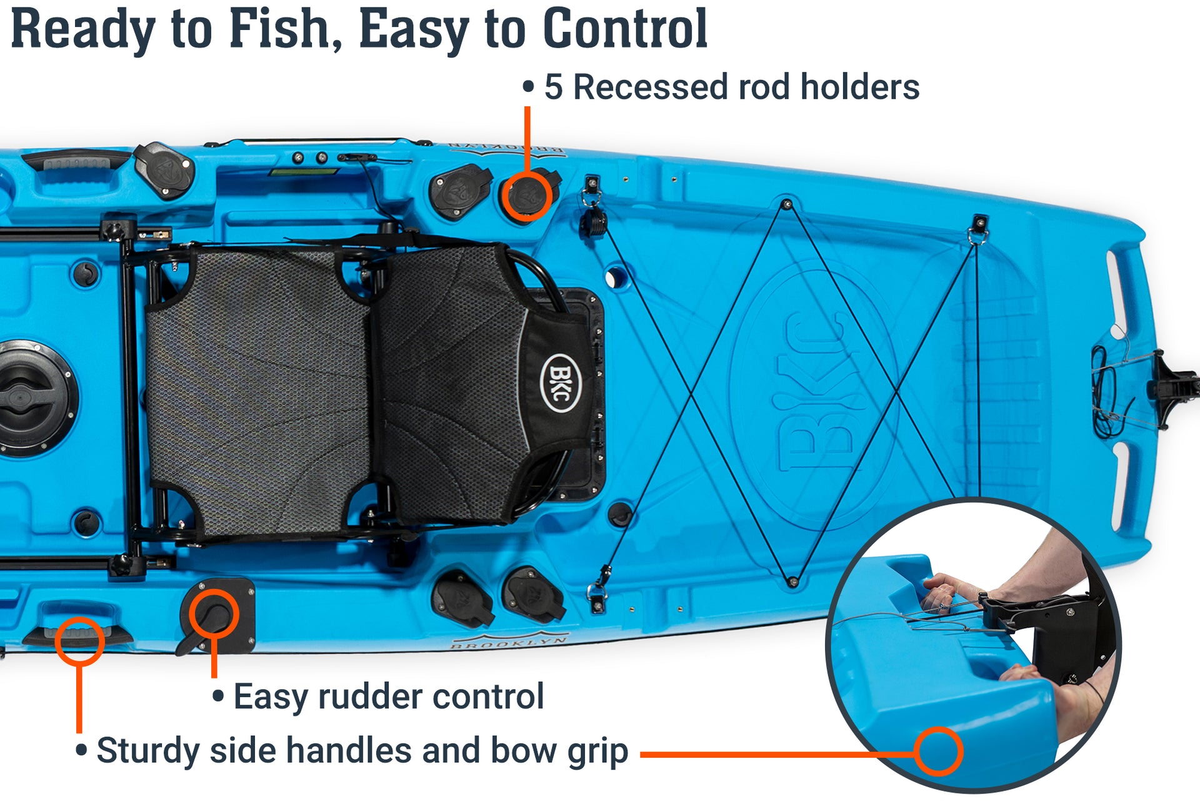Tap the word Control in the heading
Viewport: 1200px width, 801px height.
click(625, 29)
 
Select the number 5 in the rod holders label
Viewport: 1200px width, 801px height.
click(553, 87)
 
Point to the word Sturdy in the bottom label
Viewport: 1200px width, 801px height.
click(147, 751)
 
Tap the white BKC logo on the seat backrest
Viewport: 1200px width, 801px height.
click(559, 383)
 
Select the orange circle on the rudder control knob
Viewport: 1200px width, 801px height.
click(214, 614)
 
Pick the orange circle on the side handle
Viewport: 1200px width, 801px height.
click(79, 640)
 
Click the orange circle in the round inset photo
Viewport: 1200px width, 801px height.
click(938, 751)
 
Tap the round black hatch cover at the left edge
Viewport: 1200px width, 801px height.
click(28, 398)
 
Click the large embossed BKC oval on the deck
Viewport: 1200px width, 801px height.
click(812, 394)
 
